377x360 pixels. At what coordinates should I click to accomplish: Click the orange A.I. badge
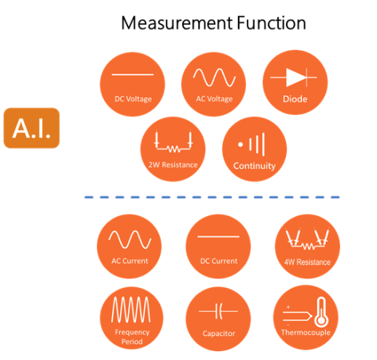(31, 128)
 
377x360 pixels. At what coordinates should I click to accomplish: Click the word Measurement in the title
(177, 23)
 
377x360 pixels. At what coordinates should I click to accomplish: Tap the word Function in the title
(271, 23)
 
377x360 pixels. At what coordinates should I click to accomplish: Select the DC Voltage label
(133, 99)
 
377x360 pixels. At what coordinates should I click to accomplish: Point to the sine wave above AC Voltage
(214, 77)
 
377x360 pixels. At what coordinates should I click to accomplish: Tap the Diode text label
(295, 99)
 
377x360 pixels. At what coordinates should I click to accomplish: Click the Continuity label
(254, 166)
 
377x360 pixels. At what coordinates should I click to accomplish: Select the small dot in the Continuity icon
(240, 145)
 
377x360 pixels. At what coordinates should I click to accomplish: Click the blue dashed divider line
(212, 197)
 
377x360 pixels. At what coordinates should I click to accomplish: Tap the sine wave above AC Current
(130, 239)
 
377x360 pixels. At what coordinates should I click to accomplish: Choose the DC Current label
(219, 261)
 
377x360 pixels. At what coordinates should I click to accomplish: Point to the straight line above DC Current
(218, 236)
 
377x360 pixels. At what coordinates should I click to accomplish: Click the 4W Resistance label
(307, 262)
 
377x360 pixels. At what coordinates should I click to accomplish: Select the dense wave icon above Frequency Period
(131, 309)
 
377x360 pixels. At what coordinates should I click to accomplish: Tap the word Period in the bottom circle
(132, 342)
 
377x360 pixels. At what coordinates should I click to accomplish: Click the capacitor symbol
(218, 311)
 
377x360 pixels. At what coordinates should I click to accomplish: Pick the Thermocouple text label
(306, 332)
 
